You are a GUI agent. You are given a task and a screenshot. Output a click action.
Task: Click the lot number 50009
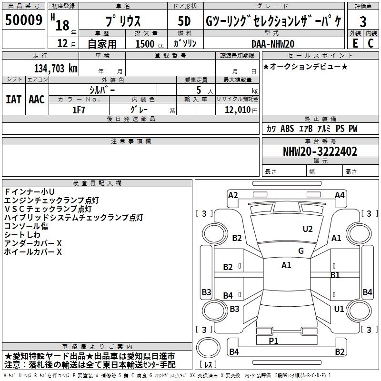point(23,21)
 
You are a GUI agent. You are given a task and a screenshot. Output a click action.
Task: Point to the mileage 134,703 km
point(55,68)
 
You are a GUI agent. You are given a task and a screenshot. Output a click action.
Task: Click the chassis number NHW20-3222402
point(320,151)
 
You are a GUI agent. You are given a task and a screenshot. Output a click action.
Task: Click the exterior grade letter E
point(354,43)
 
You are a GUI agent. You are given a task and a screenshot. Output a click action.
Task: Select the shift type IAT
point(13,99)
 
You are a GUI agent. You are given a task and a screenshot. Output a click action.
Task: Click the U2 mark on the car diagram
point(308,229)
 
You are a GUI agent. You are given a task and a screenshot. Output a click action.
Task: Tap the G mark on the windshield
point(301,251)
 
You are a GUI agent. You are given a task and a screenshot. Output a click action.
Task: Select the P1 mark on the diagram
point(273,341)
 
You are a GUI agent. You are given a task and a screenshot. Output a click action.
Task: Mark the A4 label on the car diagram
point(339,195)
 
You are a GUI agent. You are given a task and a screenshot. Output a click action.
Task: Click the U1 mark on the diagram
point(339,309)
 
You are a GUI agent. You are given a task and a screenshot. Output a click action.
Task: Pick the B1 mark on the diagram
point(335,275)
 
